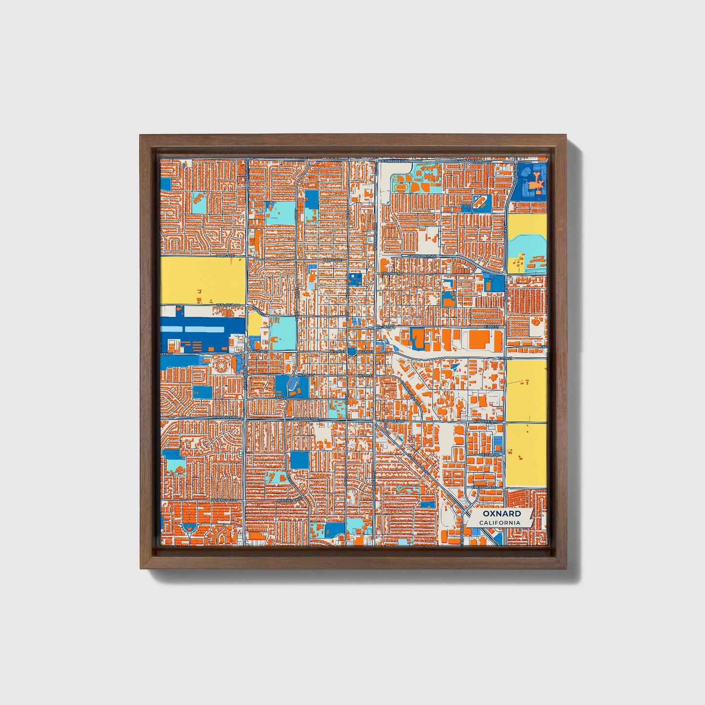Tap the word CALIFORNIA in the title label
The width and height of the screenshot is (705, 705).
point(499,523)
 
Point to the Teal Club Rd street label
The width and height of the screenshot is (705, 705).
point(228,305)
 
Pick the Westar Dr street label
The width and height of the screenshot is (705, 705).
point(489,455)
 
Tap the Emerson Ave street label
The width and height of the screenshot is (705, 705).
point(483,487)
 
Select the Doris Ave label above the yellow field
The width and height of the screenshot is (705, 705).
point(225,255)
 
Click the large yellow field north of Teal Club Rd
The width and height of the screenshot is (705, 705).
point(202,281)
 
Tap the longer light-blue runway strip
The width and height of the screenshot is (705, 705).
point(205,330)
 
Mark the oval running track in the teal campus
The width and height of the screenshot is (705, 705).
point(401,186)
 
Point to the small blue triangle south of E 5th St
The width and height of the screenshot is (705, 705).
point(456,367)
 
